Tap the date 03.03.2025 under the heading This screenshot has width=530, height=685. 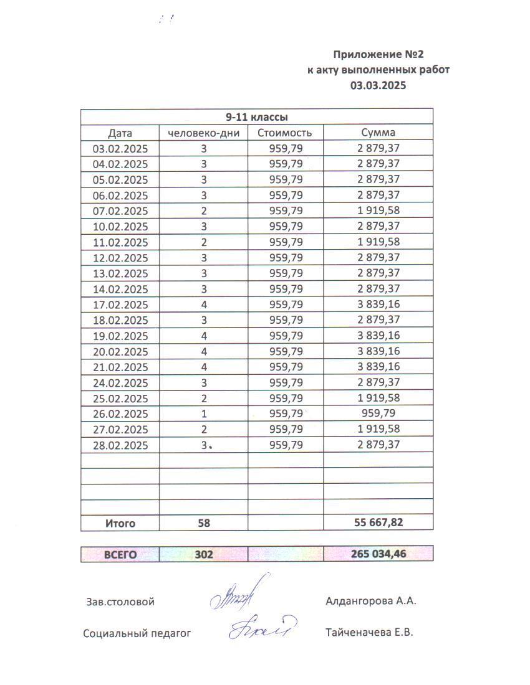(378, 85)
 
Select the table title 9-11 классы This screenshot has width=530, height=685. (256, 116)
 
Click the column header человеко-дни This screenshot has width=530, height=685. (203, 133)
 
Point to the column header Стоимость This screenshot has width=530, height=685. (286, 133)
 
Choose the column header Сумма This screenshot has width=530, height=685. (378, 133)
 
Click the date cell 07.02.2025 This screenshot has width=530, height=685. (120, 210)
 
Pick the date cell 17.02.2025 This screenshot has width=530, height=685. (120, 305)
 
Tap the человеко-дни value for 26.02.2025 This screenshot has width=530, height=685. (204, 414)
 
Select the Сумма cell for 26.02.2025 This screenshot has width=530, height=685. (378, 413)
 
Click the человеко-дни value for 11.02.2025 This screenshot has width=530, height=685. (204, 242)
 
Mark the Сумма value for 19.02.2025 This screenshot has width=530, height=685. (378, 336)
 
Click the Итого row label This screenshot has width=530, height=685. (120, 524)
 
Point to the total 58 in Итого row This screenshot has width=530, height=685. (204, 524)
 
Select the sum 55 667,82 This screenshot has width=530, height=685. (378, 522)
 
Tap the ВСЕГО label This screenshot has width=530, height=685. (120, 554)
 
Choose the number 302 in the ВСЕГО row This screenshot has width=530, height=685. (204, 554)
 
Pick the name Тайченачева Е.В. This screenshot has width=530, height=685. (369, 633)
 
